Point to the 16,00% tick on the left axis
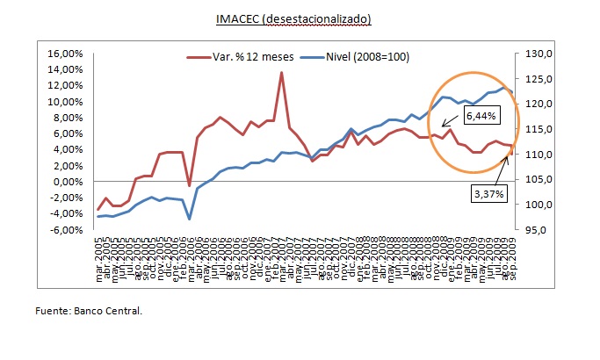(65, 54)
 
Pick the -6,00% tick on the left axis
(66, 230)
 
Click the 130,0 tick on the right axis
(535, 54)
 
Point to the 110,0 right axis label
(535, 155)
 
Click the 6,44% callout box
(481, 115)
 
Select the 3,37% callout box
(487, 194)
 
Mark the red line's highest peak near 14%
(281, 73)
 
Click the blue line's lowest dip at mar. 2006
(190, 219)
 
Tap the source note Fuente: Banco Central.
(89, 311)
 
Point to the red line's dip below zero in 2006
(190, 185)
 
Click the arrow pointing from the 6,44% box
(451, 122)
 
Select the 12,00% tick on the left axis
(65, 86)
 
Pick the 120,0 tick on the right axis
(535, 104)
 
